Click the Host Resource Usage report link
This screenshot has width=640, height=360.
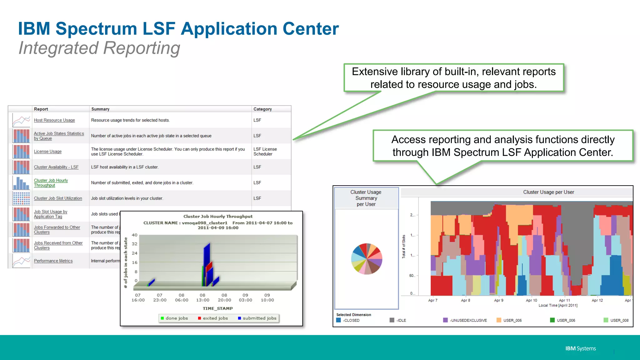(x=54, y=120)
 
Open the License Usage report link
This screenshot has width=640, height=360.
(x=47, y=152)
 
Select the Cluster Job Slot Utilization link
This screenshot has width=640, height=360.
(x=58, y=198)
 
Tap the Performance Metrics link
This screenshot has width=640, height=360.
(x=53, y=261)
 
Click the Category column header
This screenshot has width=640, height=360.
(x=262, y=109)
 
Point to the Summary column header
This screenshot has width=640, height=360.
(x=100, y=109)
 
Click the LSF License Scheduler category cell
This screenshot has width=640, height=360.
(x=265, y=152)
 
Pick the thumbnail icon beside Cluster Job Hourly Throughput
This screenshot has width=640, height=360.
(x=21, y=183)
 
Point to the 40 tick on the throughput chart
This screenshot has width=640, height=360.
(x=134, y=235)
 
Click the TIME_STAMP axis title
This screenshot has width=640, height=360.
(x=217, y=308)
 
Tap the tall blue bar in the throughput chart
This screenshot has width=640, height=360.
(x=207, y=262)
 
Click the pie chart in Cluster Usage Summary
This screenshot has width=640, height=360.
(x=367, y=259)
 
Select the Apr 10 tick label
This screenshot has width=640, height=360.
(x=531, y=300)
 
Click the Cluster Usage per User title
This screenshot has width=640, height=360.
(x=548, y=192)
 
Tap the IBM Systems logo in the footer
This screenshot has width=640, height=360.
(x=580, y=348)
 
